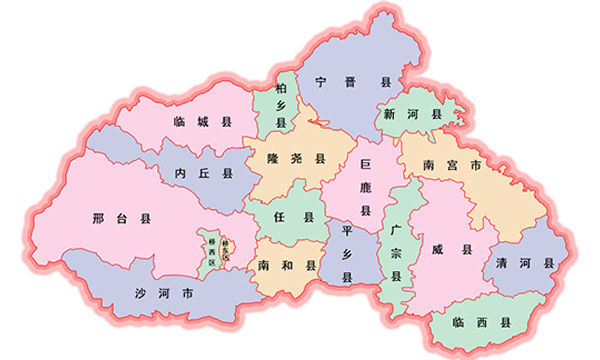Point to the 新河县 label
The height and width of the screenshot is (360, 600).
(x=412, y=116)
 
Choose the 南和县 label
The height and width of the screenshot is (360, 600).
(x=286, y=266)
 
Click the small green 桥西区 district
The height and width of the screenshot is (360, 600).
(x=212, y=247)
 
